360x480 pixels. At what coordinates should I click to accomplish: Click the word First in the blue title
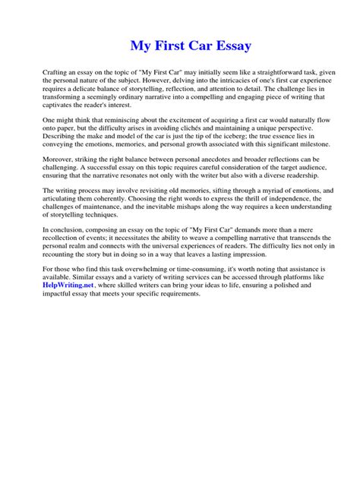pos(170,46)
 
